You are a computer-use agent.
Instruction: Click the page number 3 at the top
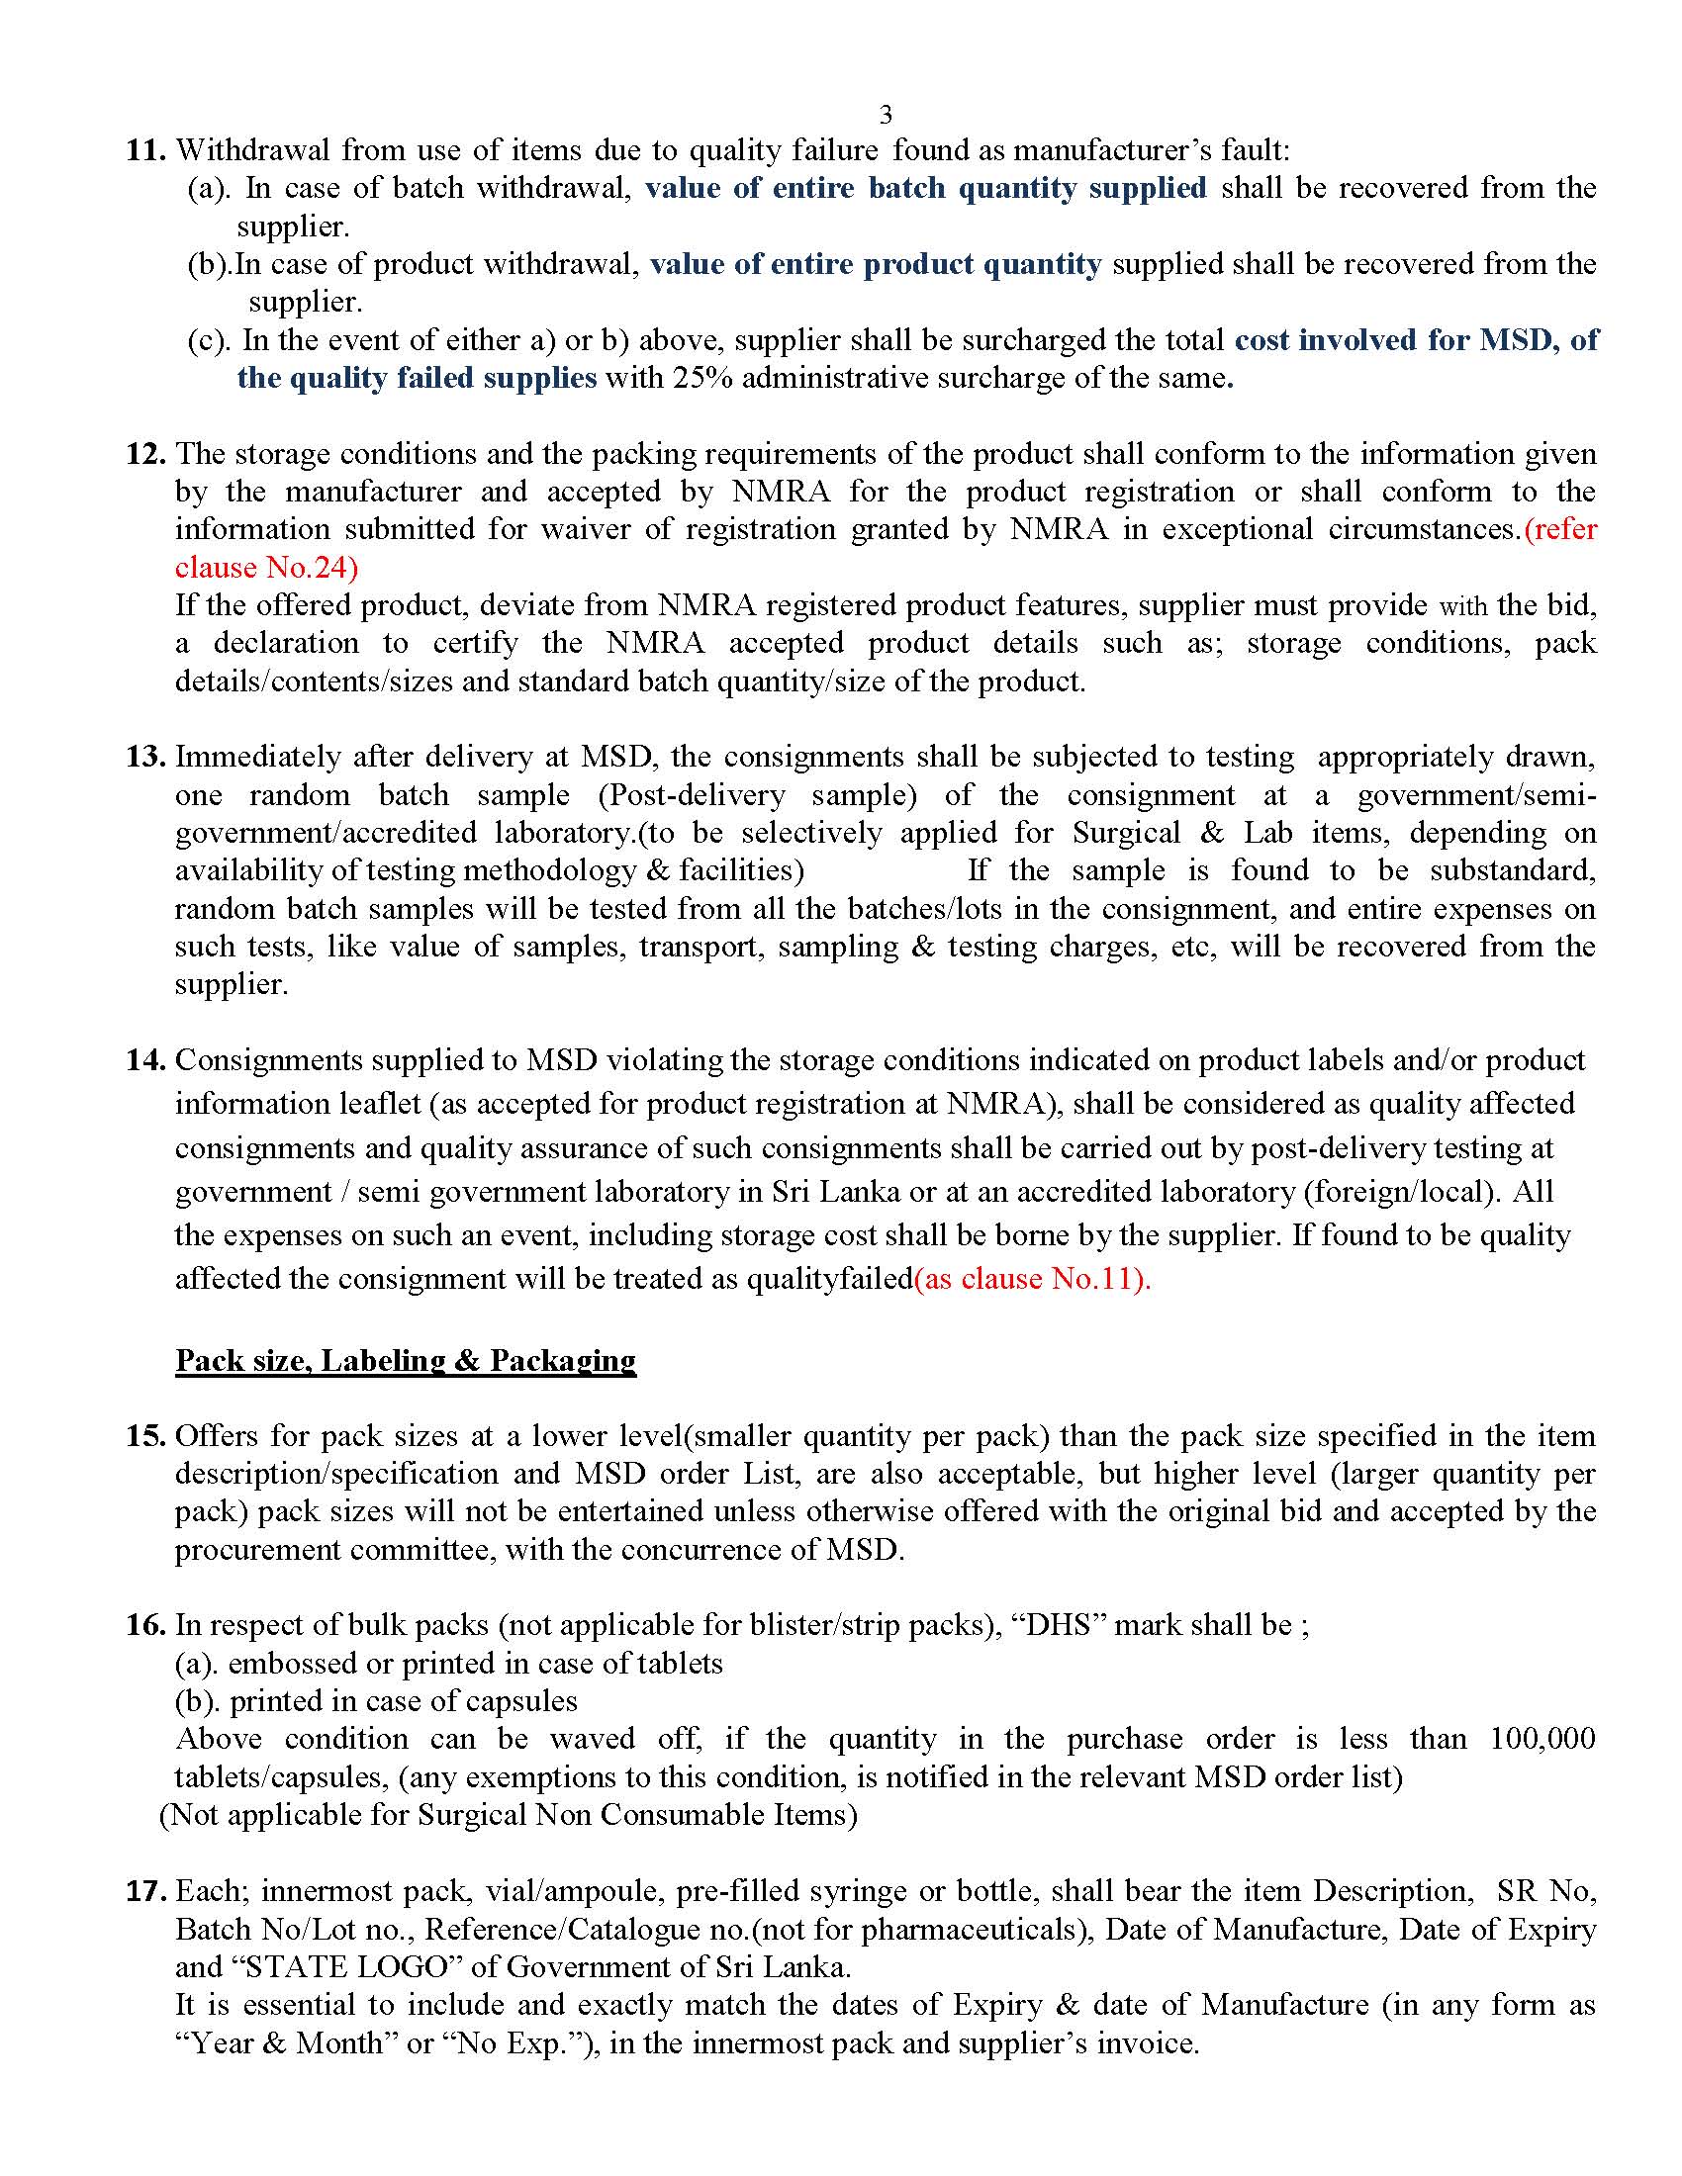(x=886, y=116)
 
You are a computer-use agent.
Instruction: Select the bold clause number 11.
(x=145, y=150)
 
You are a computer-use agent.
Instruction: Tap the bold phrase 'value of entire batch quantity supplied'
(x=926, y=188)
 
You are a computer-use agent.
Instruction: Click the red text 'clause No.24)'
(x=266, y=568)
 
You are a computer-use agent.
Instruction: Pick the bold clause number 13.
(x=145, y=758)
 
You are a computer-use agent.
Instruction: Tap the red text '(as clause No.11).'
(x=1032, y=1279)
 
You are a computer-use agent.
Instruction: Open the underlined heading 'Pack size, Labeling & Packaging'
(x=406, y=1361)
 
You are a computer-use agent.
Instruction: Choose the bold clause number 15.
(x=145, y=1437)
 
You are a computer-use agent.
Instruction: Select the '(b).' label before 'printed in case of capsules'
(x=197, y=1702)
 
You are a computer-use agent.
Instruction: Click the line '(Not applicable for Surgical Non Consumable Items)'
(x=509, y=1815)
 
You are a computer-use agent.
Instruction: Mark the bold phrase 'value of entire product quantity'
(x=876, y=264)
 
